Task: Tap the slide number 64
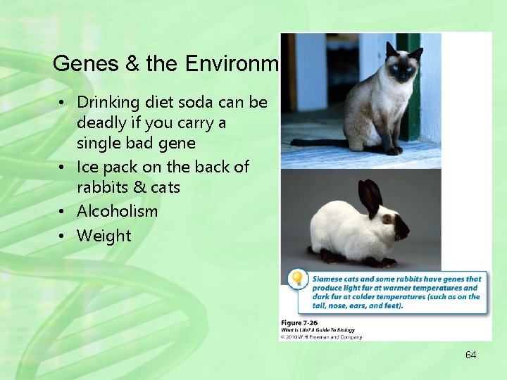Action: [x=470, y=355]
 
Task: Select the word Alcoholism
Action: [x=117, y=211]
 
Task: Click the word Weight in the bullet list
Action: [x=104, y=236]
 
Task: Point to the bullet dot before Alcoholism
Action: [x=63, y=212]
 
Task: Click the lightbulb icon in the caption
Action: [x=298, y=279]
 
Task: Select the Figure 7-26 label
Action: [x=301, y=322]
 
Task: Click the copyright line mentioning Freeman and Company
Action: [x=321, y=337]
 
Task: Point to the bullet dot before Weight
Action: [x=63, y=236]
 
